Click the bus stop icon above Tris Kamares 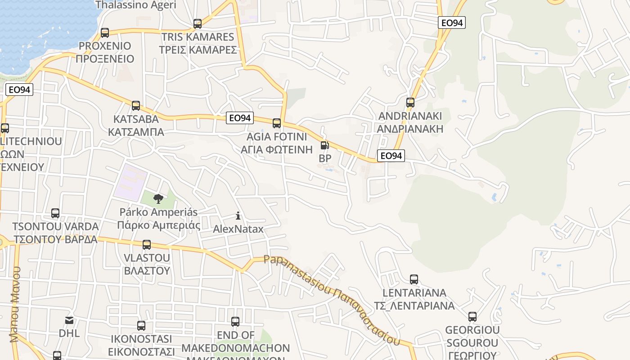click(x=197, y=24)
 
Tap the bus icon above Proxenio click(x=105, y=32)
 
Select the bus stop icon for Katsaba click(x=135, y=106)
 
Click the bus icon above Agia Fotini click(x=277, y=123)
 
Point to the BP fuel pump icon click(x=324, y=145)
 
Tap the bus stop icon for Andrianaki click(x=410, y=103)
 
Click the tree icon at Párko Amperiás click(x=158, y=198)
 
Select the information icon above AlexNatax click(x=238, y=216)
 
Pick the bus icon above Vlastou click(x=147, y=245)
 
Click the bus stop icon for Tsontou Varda click(x=55, y=213)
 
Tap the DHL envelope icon click(x=69, y=320)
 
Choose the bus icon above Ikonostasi click(x=141, y=326)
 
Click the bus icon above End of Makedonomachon click(x=235, y=322)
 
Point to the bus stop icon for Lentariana click(x=414, y=279)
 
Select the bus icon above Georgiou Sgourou click(x=472, y=317)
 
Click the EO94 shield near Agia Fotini click(x=239, y=118)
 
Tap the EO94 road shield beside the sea click(x=19, y=90)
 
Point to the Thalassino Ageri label click(x=136, y=5)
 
